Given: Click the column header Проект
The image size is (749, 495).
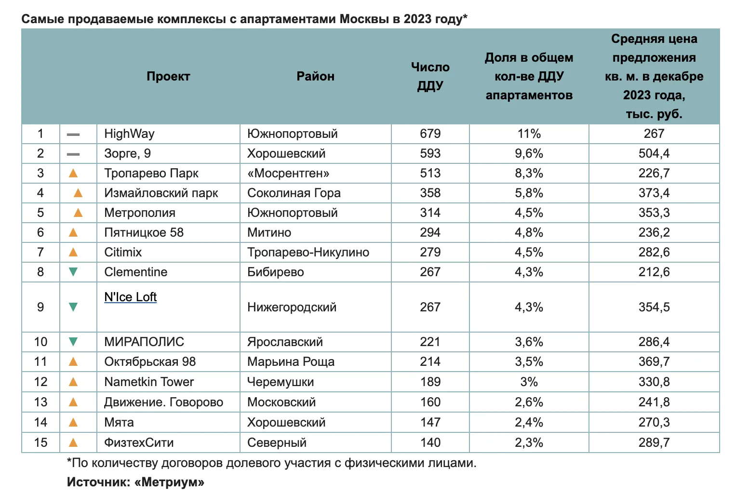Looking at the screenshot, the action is (168, 77).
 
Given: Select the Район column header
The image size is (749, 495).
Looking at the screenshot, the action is (315, 76).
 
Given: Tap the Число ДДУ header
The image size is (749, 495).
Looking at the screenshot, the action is (430, 77).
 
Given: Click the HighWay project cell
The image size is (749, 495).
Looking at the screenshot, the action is (129, 134).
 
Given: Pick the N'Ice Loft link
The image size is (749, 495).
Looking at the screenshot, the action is (131, 297).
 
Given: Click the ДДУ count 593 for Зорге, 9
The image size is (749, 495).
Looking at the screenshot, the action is (430, 154).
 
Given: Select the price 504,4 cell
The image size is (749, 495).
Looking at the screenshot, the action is (654, 154).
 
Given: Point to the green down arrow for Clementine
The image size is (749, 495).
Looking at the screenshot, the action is (73, 272).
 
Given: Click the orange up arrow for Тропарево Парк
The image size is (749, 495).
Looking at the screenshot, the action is (73, 173).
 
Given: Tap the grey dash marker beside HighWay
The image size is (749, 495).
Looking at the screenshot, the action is (73, 134).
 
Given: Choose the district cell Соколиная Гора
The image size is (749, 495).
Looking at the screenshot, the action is (294, 193).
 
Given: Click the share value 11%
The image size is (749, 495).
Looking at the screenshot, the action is (529, 134).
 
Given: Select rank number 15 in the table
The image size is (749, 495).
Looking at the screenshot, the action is (41, 442).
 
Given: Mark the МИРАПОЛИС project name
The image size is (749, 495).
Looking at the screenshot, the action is (144, 342).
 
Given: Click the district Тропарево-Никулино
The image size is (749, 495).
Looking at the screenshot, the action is (308, 252).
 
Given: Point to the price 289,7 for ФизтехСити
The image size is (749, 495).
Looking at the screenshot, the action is (654, 442).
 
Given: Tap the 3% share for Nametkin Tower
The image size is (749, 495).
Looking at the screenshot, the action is (529, 382).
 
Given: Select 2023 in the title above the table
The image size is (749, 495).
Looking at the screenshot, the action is (417, 19).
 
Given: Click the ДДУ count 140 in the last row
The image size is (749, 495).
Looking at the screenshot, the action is (430, 442).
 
